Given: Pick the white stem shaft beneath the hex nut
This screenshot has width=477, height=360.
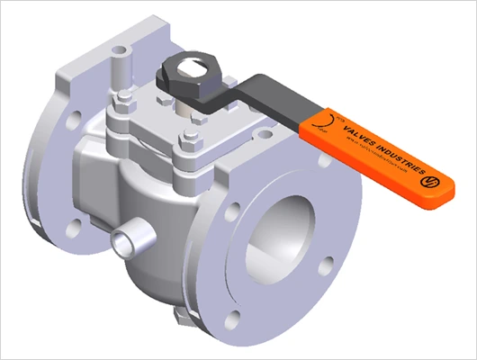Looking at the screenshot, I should (x=190, y=106).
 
